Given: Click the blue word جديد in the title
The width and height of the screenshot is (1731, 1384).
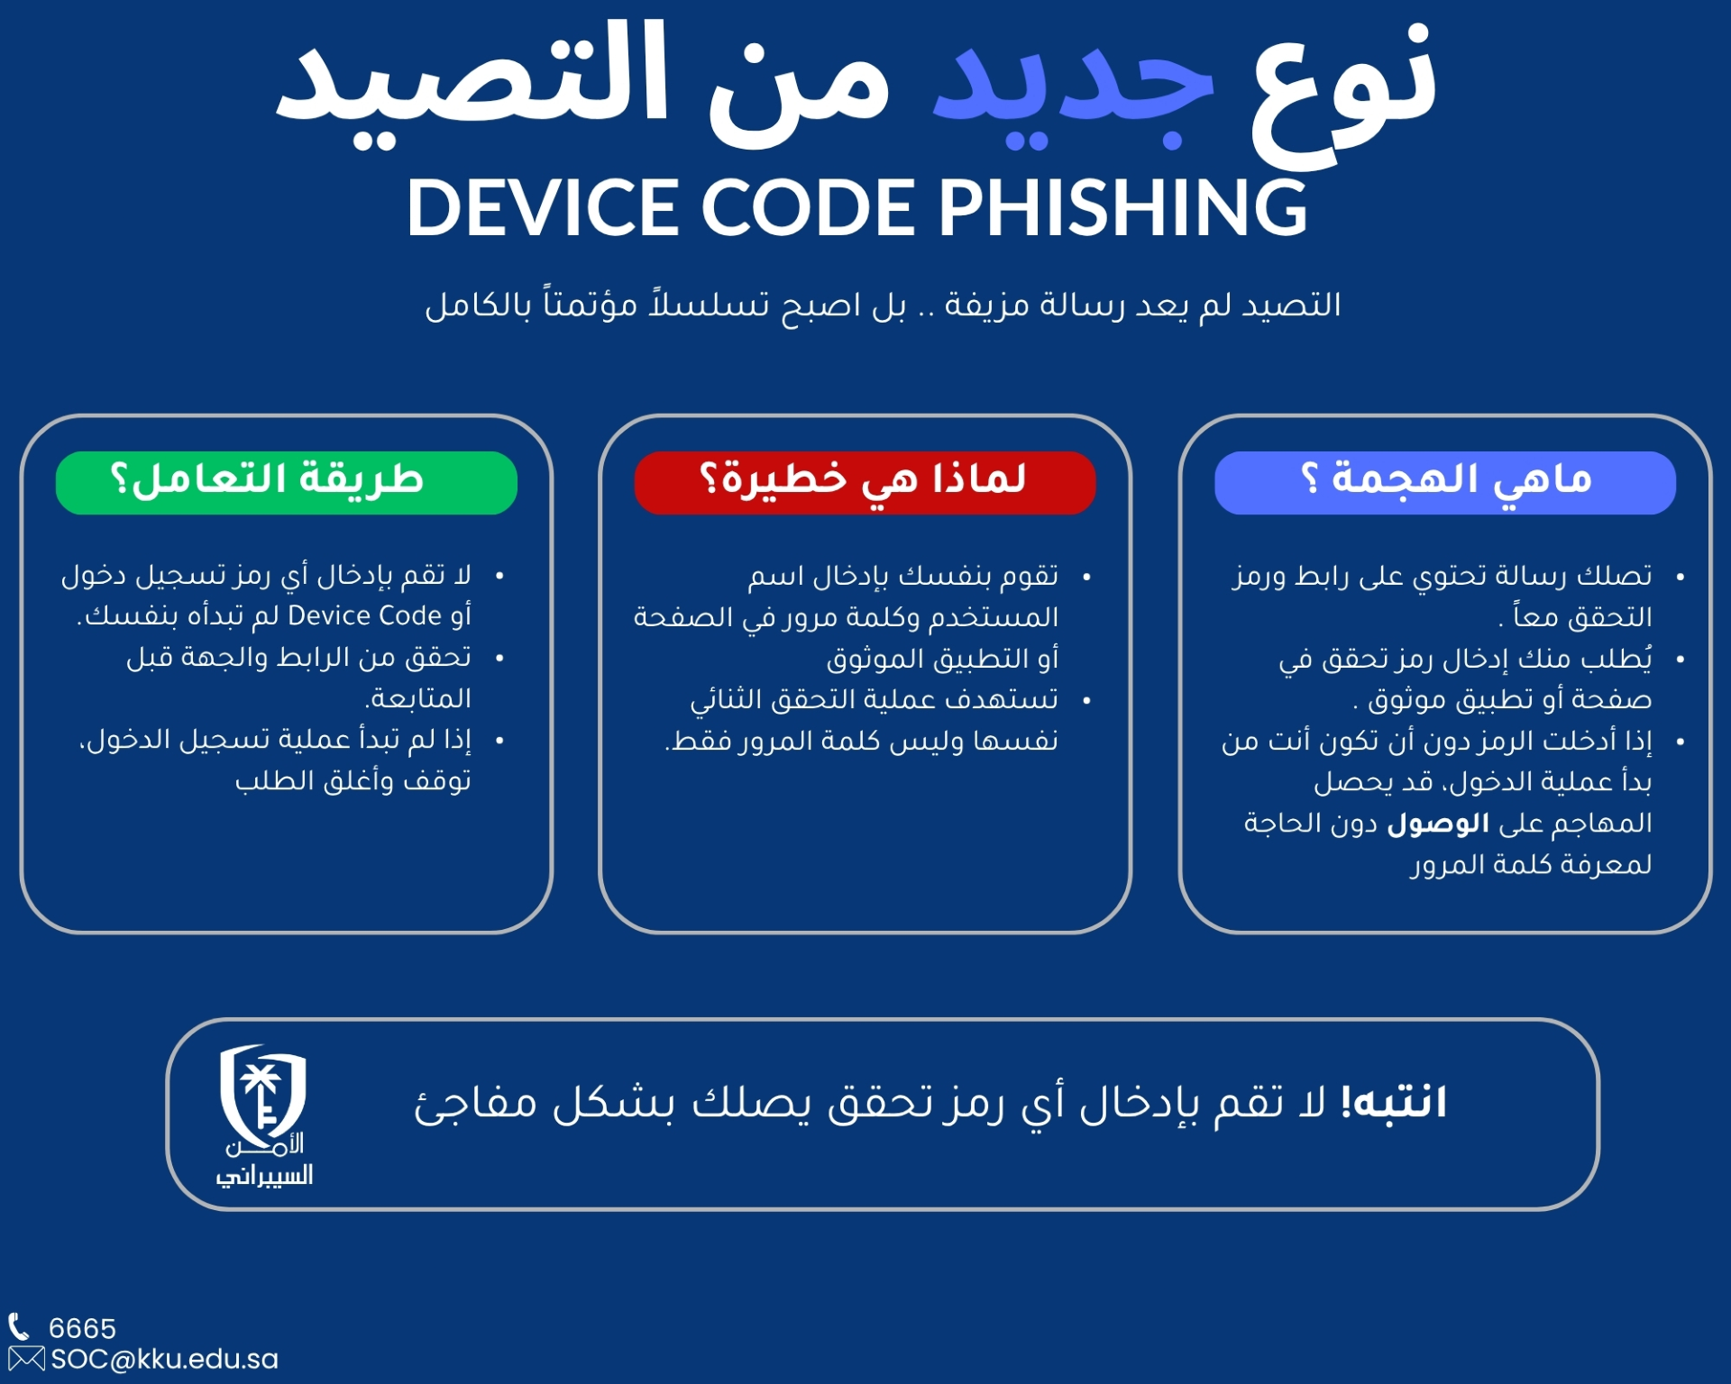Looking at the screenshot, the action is coord(1073,90).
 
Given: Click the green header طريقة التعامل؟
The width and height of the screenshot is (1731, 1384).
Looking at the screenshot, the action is coord(287,483).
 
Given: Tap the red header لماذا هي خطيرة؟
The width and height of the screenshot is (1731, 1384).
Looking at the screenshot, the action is coord(865,483).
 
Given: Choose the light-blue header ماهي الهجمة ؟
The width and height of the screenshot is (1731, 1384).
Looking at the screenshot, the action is coord(1445,483).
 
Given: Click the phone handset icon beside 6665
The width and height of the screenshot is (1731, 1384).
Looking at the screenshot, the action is coord(19,1326).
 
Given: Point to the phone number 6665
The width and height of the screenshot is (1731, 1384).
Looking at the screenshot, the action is coord(82,1328).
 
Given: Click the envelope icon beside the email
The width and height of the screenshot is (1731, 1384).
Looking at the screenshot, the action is coord(26,1359).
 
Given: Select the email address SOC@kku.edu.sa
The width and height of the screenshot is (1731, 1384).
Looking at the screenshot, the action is coord(164,1359).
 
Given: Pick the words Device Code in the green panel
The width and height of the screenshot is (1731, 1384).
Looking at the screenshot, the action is coord(364,615).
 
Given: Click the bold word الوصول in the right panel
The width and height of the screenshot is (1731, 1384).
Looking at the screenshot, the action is coord(1438,824).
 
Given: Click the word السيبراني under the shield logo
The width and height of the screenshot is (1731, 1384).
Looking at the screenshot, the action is coord(264,1175).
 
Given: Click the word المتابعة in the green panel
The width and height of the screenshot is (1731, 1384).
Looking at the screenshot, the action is coord(418,697).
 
